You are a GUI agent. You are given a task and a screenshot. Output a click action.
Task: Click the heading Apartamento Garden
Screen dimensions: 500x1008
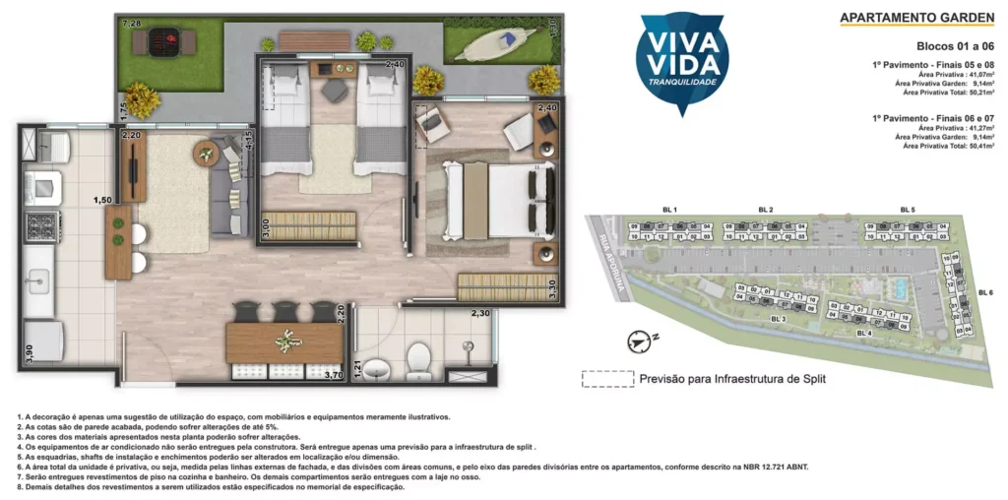coord(915,18)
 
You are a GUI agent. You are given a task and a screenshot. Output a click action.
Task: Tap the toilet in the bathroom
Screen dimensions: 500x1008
coord(419,359)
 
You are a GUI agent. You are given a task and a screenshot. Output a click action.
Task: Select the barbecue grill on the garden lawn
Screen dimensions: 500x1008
coord(166,42)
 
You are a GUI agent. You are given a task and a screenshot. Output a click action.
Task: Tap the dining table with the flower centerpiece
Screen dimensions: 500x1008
coord(284,342)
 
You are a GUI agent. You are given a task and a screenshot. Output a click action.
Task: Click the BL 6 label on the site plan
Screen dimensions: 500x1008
coord(984,292)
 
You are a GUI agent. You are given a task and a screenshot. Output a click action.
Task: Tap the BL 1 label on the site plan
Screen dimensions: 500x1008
coord(670,211)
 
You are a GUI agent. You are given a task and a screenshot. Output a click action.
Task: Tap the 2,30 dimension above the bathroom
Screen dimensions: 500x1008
coord(480,313)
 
